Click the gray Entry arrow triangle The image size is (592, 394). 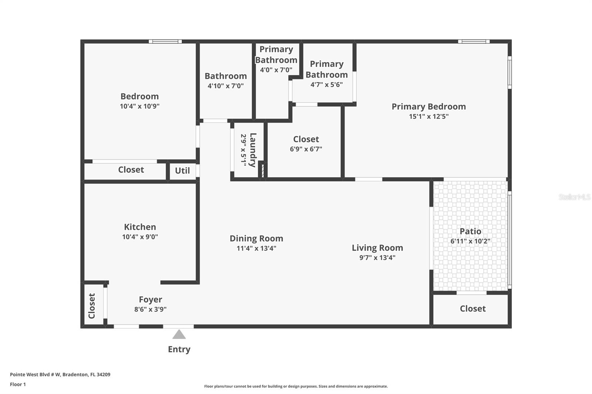(x=179, y=334)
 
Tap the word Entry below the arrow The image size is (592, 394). (x=179, y=349)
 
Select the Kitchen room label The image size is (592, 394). (x=140, y=227)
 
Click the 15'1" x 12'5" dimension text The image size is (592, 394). (x=428, y=116)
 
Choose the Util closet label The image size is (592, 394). (x=182, y=171)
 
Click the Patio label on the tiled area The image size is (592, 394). (x=470, y=231)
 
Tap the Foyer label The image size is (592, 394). (x=150, y=299)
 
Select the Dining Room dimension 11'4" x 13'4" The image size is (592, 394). (x=256, y=248)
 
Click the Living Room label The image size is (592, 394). (x=377, y=248)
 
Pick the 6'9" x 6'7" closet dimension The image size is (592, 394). (x=306, y=149)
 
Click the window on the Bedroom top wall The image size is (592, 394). (x=165, y=41)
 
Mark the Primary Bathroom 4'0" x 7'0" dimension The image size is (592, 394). (x=276, y=70)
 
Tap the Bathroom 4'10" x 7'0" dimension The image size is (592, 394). (x=226, y=86)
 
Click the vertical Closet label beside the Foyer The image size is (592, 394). (x=92, y=306)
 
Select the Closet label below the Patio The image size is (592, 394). (x=472, y=309)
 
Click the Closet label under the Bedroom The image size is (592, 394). (x=131, y=170)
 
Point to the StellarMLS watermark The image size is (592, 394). (x=574, y=197)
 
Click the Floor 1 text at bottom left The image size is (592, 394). (x=18, y=384)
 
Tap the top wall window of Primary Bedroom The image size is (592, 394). (x=474, y=41)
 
